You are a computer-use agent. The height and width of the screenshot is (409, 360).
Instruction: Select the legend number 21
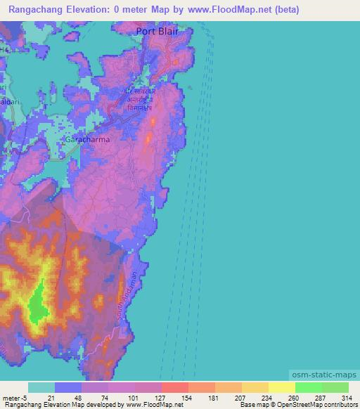51,398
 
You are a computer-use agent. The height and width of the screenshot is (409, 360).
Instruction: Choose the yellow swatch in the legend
281,387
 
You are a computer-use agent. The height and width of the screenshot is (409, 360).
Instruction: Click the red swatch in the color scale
174,387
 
